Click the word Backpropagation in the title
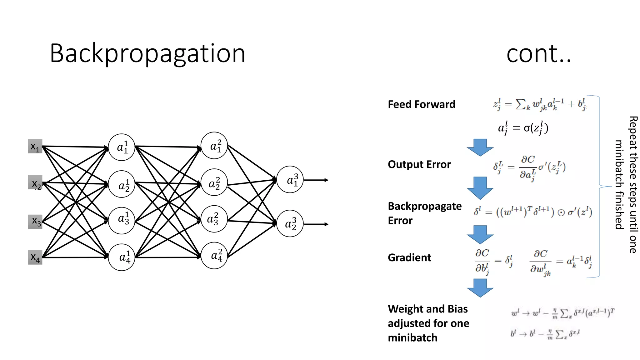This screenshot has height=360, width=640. [147, 54]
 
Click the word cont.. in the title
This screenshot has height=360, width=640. [538, 54]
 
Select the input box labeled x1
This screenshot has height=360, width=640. [35, 146]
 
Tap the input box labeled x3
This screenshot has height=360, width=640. [35, 222]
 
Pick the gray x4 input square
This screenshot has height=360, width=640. [35, 257]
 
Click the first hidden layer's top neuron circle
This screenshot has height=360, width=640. [122, 147]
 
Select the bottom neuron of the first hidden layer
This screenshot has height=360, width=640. [122, 257]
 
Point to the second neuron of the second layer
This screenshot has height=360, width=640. [214, 182]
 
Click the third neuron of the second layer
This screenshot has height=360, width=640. [214, 219]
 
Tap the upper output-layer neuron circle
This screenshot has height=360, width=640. [290, 179]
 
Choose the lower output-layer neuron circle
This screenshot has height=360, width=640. [290, 223]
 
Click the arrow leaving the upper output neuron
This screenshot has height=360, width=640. [316, 180]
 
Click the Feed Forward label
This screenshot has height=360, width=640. [421, 104]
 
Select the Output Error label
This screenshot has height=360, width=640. [419, 164]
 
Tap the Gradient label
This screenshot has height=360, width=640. [409, 257]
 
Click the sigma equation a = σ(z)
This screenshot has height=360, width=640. [523, 128]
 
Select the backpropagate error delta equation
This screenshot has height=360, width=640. [533, 212]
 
